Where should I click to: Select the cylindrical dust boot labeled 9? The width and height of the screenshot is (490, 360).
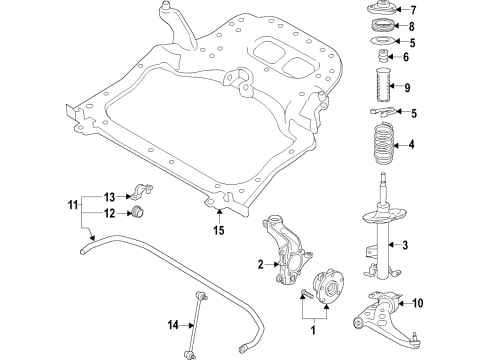(x=380, y=88)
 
